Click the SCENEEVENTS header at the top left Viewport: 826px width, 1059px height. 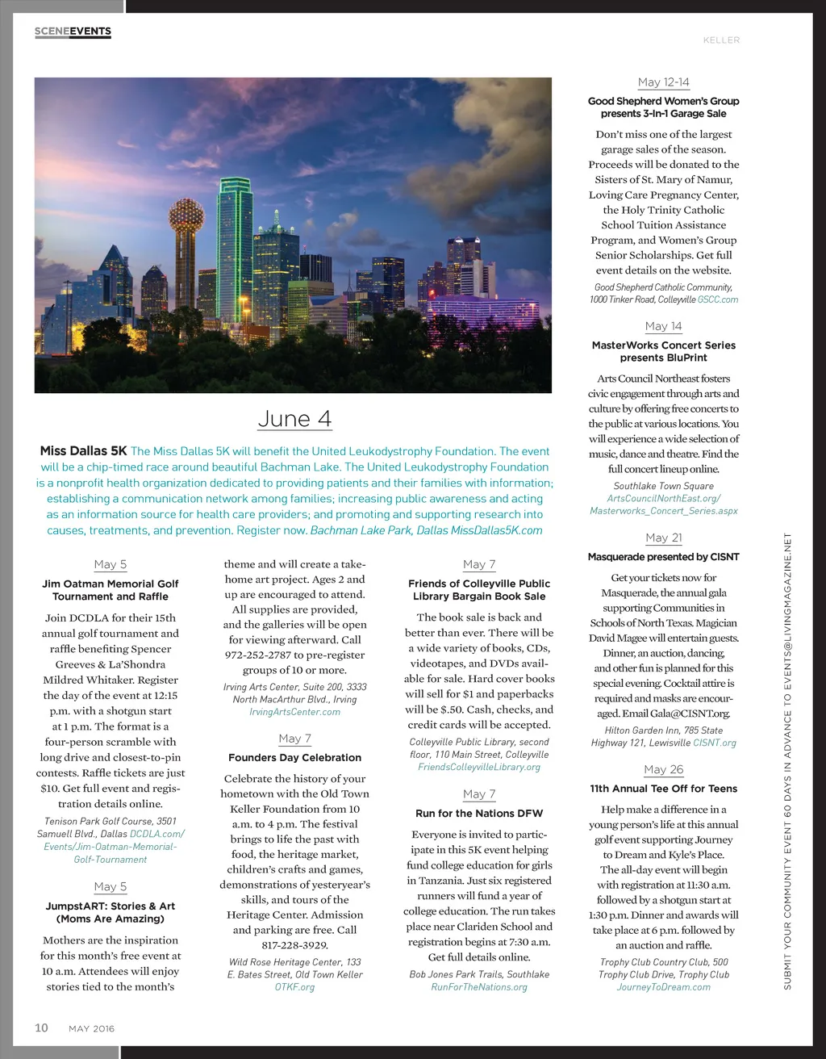click(x=73, y=31)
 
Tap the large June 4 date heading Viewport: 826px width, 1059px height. click(x=294, y=419)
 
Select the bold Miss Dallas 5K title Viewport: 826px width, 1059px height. click(x=84, y=451)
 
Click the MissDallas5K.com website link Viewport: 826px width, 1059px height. click(x=496, y=530)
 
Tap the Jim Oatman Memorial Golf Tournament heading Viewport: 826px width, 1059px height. click(x=111, y=590)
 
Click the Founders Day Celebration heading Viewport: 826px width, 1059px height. click(x=294, y=758)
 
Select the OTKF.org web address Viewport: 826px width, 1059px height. click(x=294, y=987)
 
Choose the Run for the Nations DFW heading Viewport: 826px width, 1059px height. click(x=479, y=814)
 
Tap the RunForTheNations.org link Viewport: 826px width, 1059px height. click(x=479, y=987)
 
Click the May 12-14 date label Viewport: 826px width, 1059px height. click(x=663, y=82)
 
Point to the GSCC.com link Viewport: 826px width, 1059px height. click(x=718, y=299)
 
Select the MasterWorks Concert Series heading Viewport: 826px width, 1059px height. click(x=663, y=351)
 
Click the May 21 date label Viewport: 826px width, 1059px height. click(x=663, y=538)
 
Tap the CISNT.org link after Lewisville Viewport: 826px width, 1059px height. click(x=715, y=743)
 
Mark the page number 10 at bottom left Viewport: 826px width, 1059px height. click(x=41, y=1028)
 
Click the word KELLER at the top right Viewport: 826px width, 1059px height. click(x=721, y=40)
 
